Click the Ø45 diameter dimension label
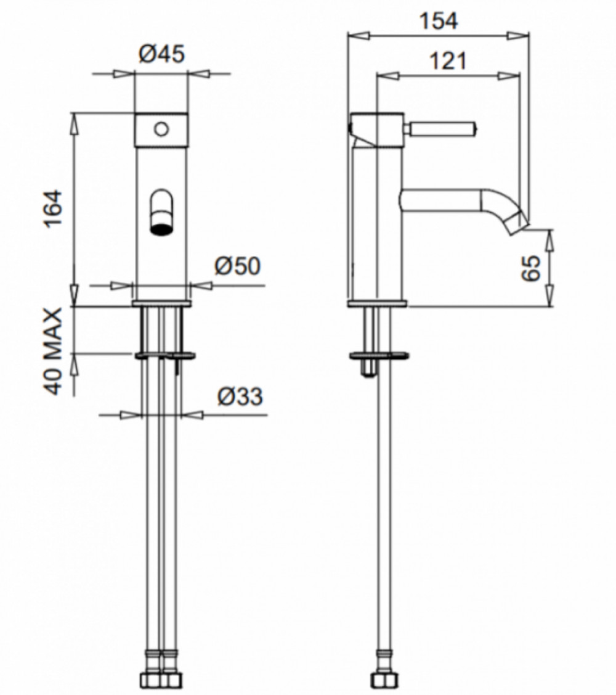(161, 55)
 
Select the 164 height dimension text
(54, 208)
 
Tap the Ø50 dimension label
(238, 266)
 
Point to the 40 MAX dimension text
(54, 351)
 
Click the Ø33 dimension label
(240, 396)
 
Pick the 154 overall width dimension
(439, 21)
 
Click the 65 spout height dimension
(531, 267)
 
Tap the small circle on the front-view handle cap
(161, 129)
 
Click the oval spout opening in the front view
(161, 212)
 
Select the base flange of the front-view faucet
(161, 303)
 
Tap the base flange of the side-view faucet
(378, 303)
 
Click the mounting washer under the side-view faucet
(379, 355)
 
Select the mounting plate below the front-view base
(164, 355)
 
